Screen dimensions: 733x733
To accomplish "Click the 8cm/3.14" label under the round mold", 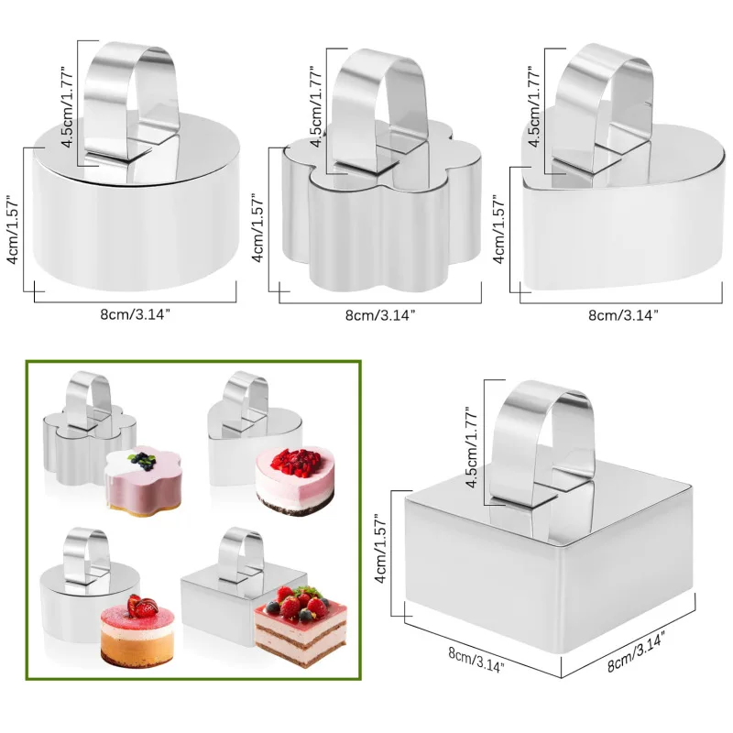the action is point(135,314).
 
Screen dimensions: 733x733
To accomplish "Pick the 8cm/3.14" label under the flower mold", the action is point(380,315).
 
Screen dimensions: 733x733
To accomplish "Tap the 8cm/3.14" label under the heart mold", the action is point(623,315).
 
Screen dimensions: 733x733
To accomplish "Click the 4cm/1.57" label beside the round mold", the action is point(13,229).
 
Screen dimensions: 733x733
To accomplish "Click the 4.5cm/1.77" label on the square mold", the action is point(472,447).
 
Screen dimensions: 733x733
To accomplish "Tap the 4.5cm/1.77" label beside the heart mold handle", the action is point(534,106).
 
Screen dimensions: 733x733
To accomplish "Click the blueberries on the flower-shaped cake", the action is point(143,460).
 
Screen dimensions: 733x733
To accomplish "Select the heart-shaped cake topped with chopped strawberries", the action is point(294,480).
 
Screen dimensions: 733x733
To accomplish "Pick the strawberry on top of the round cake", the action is point(141,607).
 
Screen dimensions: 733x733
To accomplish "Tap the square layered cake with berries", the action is point(301,627).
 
